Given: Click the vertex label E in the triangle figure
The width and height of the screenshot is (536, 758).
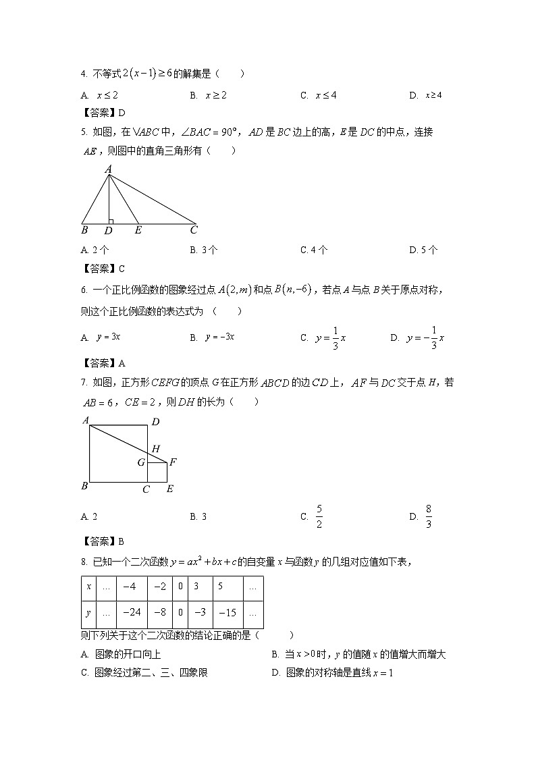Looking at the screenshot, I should coord(138,230).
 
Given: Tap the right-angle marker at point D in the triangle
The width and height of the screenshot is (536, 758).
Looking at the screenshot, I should coord(111,221).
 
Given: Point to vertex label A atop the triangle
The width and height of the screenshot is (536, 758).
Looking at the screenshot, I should coord(108,169).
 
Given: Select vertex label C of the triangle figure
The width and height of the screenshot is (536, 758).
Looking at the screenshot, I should coord(194,230).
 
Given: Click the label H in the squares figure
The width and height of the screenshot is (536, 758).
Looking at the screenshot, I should coord(155,449).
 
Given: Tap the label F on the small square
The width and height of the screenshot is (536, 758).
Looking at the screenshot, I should coord(173,462).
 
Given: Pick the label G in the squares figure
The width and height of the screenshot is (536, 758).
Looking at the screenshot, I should coord(141,463).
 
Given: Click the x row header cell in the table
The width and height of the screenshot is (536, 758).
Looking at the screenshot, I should coord(89,587).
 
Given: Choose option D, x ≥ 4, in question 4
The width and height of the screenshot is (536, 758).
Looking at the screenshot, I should coord(425,95).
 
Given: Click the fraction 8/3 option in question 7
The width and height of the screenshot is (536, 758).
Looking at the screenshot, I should coord(423,516).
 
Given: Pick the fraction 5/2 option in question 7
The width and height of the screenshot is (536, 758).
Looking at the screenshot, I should coord(313,516).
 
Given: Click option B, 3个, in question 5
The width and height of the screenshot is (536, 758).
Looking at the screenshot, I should coord(204,250).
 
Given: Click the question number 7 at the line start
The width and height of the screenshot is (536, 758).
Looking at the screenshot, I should coord(84,383).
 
